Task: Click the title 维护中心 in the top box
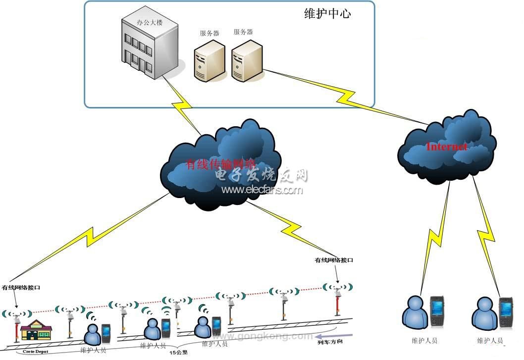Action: click(x=327, y=14)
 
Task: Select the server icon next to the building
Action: click(x=209, y=61)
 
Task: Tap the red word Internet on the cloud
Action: click(x=446, y=147)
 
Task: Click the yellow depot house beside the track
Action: click(x=36, y=329)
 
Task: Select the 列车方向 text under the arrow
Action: click(x=330, y=342)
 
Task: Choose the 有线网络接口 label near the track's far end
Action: click(x=334, y=260)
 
